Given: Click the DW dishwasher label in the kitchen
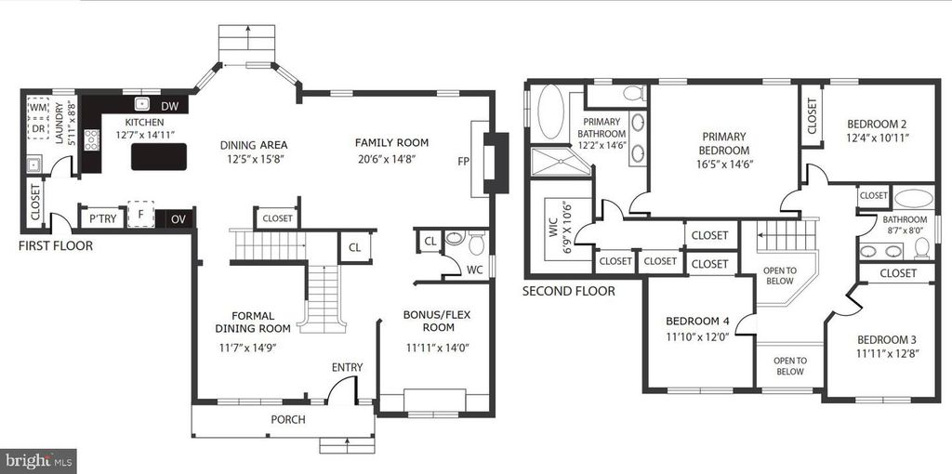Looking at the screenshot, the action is (170, 106).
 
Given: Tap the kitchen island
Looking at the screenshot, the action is (159, 156).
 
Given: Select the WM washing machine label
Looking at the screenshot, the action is (38, 108).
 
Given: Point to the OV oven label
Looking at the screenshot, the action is (178, 219).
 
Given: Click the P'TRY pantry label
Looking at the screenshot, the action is (102, 218).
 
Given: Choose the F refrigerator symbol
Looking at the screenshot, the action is (140, 215).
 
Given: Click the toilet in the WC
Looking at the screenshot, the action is (477, 244).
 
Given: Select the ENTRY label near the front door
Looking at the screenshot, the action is (347, 367).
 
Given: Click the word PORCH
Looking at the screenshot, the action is (288, 419).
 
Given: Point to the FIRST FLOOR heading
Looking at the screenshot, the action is (55, 245).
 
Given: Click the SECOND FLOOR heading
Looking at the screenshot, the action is (568, 291).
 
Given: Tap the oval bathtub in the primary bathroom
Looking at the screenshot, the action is (550, 112).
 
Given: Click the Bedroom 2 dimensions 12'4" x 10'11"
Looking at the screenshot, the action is (878, 138).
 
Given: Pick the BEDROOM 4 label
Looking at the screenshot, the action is (697, 321).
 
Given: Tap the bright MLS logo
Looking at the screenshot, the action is (38, 461).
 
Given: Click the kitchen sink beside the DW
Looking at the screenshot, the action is (142, 104).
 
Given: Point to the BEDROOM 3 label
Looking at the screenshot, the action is (887, 339).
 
